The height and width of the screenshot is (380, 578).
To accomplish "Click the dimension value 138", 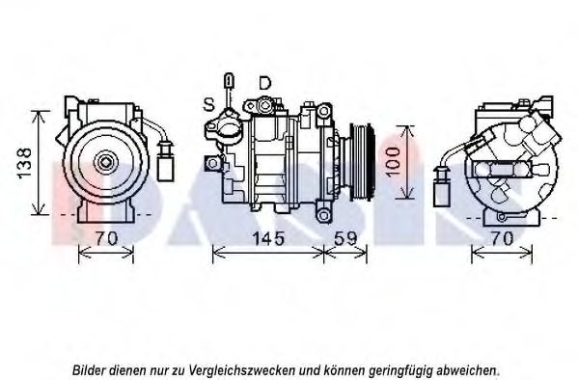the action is pyautogui.click(x=25, y=163).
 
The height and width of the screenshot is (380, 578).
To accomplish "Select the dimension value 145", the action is pyautogui.click(x=268, y=238).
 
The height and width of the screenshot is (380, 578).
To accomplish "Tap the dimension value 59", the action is pyautogui.click(x=345, y=238).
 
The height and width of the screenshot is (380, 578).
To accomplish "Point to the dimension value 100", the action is pyautogui.click(x=394, y=162).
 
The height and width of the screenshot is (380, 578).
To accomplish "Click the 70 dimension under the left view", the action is pyautogui.click(x=106, y=238).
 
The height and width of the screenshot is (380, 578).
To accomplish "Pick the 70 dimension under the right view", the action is pyautogui.click(x=502, y=238).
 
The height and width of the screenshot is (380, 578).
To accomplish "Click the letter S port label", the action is pyautogui.click(x=209, y=104).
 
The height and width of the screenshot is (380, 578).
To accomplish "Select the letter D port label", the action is pyautogui.click(x=264, y=83).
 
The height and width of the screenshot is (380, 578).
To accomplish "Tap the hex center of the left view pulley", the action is pyautogui.click(x=106, y=162).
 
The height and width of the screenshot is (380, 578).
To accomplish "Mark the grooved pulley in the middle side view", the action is pyautogui.click(x=362, y=161).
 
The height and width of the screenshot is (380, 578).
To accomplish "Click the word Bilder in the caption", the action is pyautogui.click(x=86, y=369).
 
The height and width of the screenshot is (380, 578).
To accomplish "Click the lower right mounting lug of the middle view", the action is pyautogui.click(x=323, y=215).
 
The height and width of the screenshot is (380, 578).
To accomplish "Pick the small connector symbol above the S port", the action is pyautogui.click(x=229, y=81).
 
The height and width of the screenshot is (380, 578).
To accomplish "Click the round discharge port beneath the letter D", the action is pyautogui.click(x=264, y=106).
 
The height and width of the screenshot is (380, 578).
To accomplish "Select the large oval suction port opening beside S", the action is pyautogui.click(x=229, y=130).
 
